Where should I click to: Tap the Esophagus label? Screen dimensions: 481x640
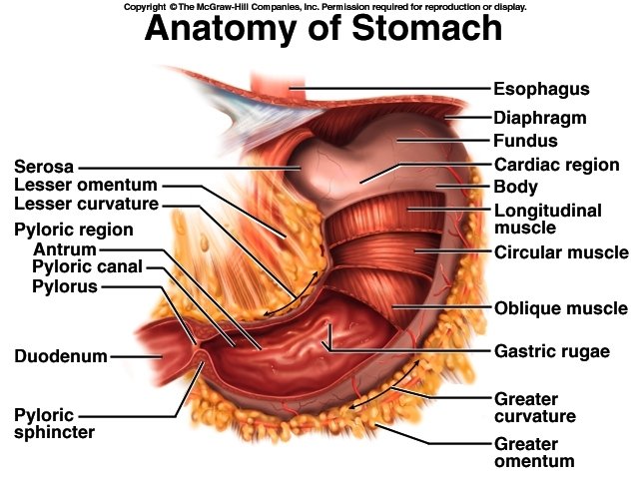coord(542,89)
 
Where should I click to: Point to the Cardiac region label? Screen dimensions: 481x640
coord(557,165)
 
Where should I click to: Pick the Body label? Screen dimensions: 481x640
coord(516,187)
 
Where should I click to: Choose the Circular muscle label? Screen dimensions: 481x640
coord(561,252)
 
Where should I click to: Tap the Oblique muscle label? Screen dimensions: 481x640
coord(561,308)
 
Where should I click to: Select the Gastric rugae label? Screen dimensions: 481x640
coord(551,351)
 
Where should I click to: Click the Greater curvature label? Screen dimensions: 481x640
coord(534,407)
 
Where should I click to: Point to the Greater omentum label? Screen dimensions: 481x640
coord(534,452)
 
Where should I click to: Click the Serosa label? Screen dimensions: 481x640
coord(45,166)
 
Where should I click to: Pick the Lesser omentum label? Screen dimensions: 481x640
coord(86,186)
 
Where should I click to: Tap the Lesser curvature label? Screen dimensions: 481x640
coord(86,205)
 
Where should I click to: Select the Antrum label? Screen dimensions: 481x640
coord(65,248)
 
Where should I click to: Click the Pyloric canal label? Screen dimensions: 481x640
coord(87,267)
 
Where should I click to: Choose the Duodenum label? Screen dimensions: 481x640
coord(60,354)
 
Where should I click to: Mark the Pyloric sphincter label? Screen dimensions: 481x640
coord(54,423)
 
